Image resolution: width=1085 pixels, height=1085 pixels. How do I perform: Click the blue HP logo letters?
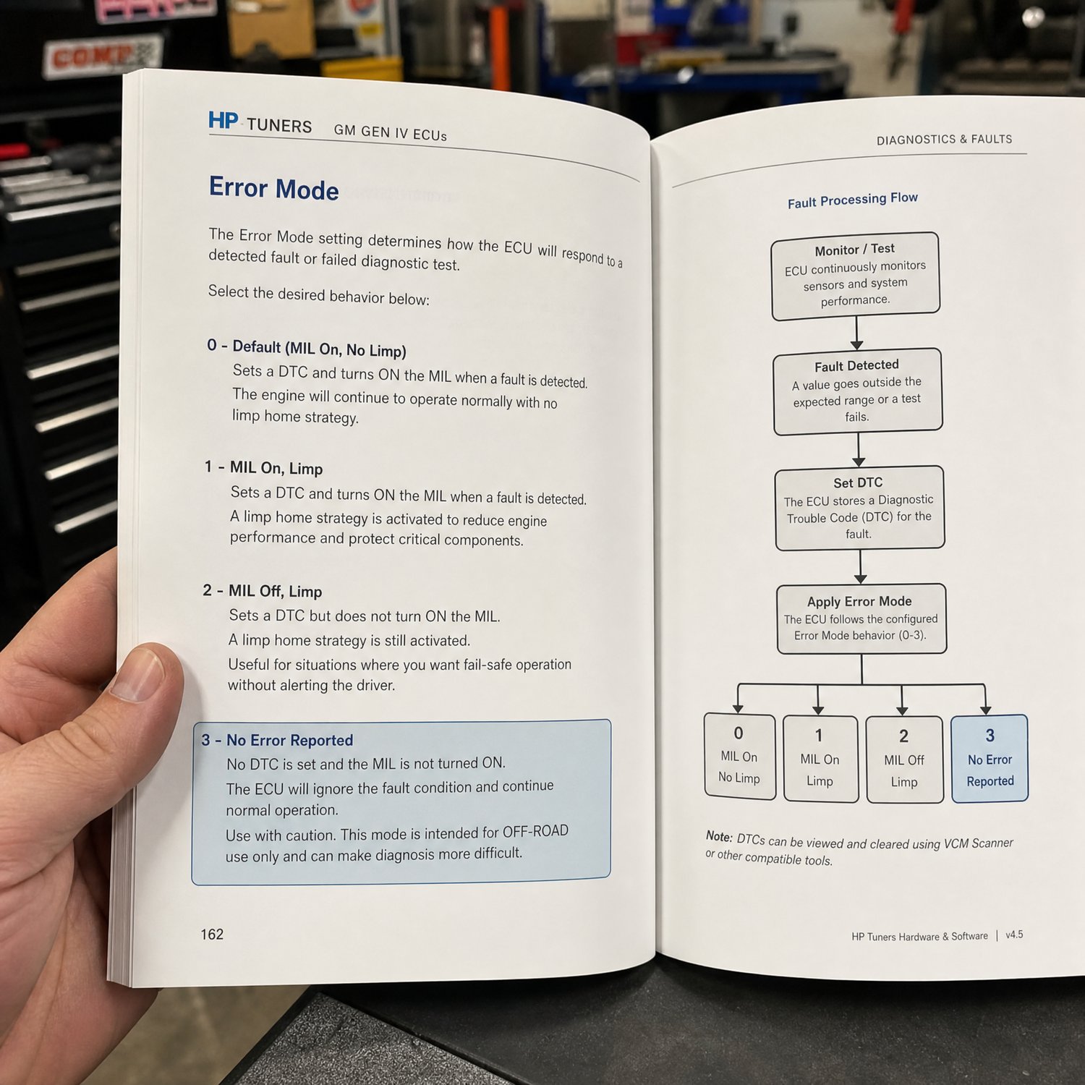pyautogui.click(x=223, y=120)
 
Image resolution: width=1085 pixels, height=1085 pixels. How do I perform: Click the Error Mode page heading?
pyautogui.click(x=274, y=188)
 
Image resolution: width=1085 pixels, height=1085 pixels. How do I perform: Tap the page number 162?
pyautogui.click(x=212, y=934)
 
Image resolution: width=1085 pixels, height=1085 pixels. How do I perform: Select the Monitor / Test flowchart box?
pyautogui.click(x=856, y=276)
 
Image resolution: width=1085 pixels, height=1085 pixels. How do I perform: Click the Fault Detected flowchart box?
pyautogui.click(x=858, y=392)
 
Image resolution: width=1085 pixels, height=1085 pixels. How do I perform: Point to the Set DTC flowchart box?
pyautogui.click(x=860, y=508)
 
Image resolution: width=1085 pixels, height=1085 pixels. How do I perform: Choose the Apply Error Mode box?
pyautogui.click(x=861, y=619)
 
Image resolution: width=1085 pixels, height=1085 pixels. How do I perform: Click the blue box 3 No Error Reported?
pyautogui.click(x=990, y=758)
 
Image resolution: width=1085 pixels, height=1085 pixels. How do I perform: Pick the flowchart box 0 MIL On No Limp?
pyautogui.click(x=740, y=757)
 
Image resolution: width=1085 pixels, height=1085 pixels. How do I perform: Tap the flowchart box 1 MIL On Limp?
pyautogui.click(x=820, y=759)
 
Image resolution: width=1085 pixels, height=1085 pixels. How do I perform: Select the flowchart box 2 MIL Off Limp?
pyautogui.click(x=905, y=759)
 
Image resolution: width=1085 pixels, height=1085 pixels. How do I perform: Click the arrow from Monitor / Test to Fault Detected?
pyautogui.click(x=856, y=333)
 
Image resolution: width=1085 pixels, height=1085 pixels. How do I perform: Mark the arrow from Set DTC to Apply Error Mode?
pyautogui.click(x=860, y=566)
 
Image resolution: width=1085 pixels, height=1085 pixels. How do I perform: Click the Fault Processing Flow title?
pyautogui.click(x=853, y=200)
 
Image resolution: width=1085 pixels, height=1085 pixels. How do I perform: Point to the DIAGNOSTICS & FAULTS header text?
pyautogui.click(x=944, y=139)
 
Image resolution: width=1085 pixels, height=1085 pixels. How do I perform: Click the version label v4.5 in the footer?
pyautogui.click(x=1014, y=935)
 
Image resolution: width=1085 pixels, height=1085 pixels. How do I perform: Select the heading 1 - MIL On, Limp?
pyautogui.click(x=263, y=467)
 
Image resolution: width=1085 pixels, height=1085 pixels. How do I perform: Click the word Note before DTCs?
pyautogui.click(x=719, y=836)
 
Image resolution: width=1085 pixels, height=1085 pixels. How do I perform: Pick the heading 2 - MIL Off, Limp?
pyautogui.click(x=263, y=590)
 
